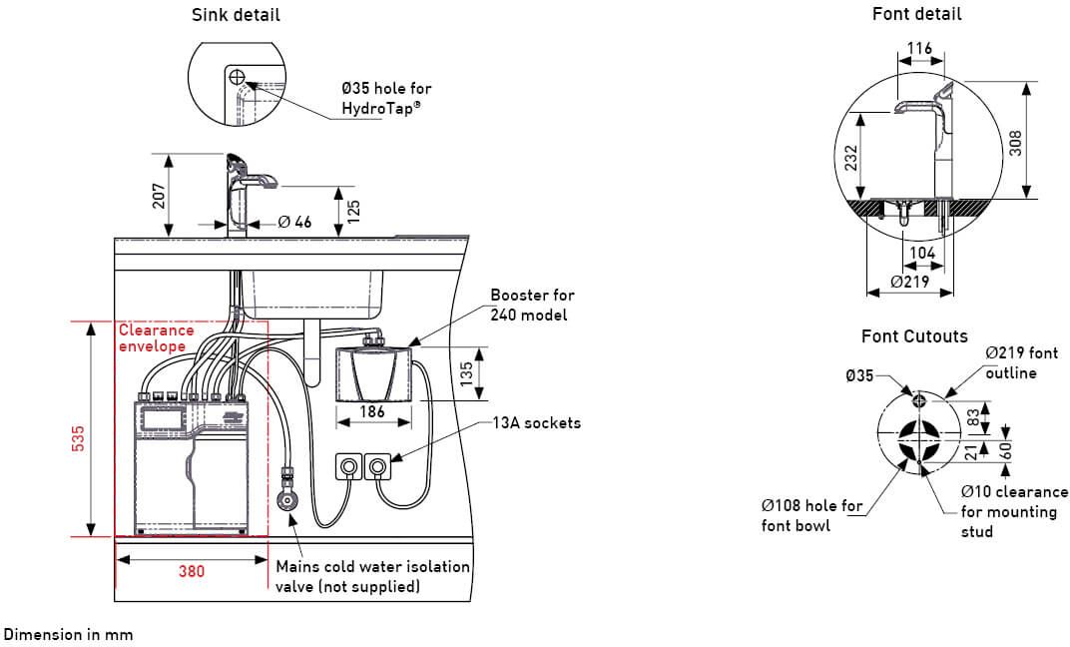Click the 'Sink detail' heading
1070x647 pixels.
tap(236, 15)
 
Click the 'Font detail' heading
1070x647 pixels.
tap(916, 14)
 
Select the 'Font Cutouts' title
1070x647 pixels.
tap(914, 335)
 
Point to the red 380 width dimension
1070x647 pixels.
tap(192, 572)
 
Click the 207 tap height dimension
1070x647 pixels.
tap(159, 195)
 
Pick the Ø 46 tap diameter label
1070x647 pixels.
tap(294, 222)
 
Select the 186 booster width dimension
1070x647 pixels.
tap(371, 412)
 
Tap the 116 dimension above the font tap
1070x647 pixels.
tap(920, 49)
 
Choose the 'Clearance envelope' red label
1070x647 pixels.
tap(156, 337)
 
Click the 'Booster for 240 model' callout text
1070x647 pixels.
tap(532, 305)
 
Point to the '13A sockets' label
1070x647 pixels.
tap(537, 422)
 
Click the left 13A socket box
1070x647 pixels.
tap(348, 466)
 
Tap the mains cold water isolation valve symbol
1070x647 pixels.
tap(287, 501)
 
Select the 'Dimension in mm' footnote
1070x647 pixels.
tap(68, 634)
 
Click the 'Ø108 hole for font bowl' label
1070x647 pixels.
tap(811, 515)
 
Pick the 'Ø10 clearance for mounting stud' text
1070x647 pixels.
tap(1014, 511)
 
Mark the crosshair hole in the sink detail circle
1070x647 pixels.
tap(237, 77)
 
